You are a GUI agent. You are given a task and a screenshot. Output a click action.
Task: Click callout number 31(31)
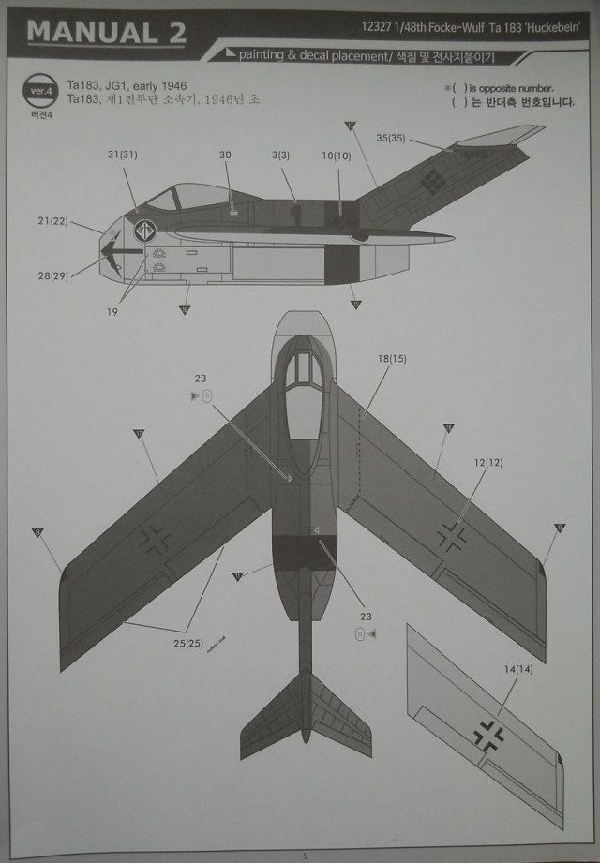coord(122,156)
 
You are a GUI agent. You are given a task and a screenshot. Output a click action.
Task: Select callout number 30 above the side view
coord(225,156)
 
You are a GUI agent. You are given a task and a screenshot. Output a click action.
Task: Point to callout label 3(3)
coord(280,156)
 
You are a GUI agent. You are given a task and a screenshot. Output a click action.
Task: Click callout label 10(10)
coord(336,156)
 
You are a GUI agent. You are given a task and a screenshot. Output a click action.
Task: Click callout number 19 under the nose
coord(112,312)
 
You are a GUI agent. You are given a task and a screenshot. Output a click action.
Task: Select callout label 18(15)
coord(392,359)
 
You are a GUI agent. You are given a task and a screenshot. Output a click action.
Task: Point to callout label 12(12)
coord(488,463)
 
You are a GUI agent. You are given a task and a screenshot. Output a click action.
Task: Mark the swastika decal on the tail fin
coord(432,182)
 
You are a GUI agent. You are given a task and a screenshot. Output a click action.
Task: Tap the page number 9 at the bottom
coord(304,855)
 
